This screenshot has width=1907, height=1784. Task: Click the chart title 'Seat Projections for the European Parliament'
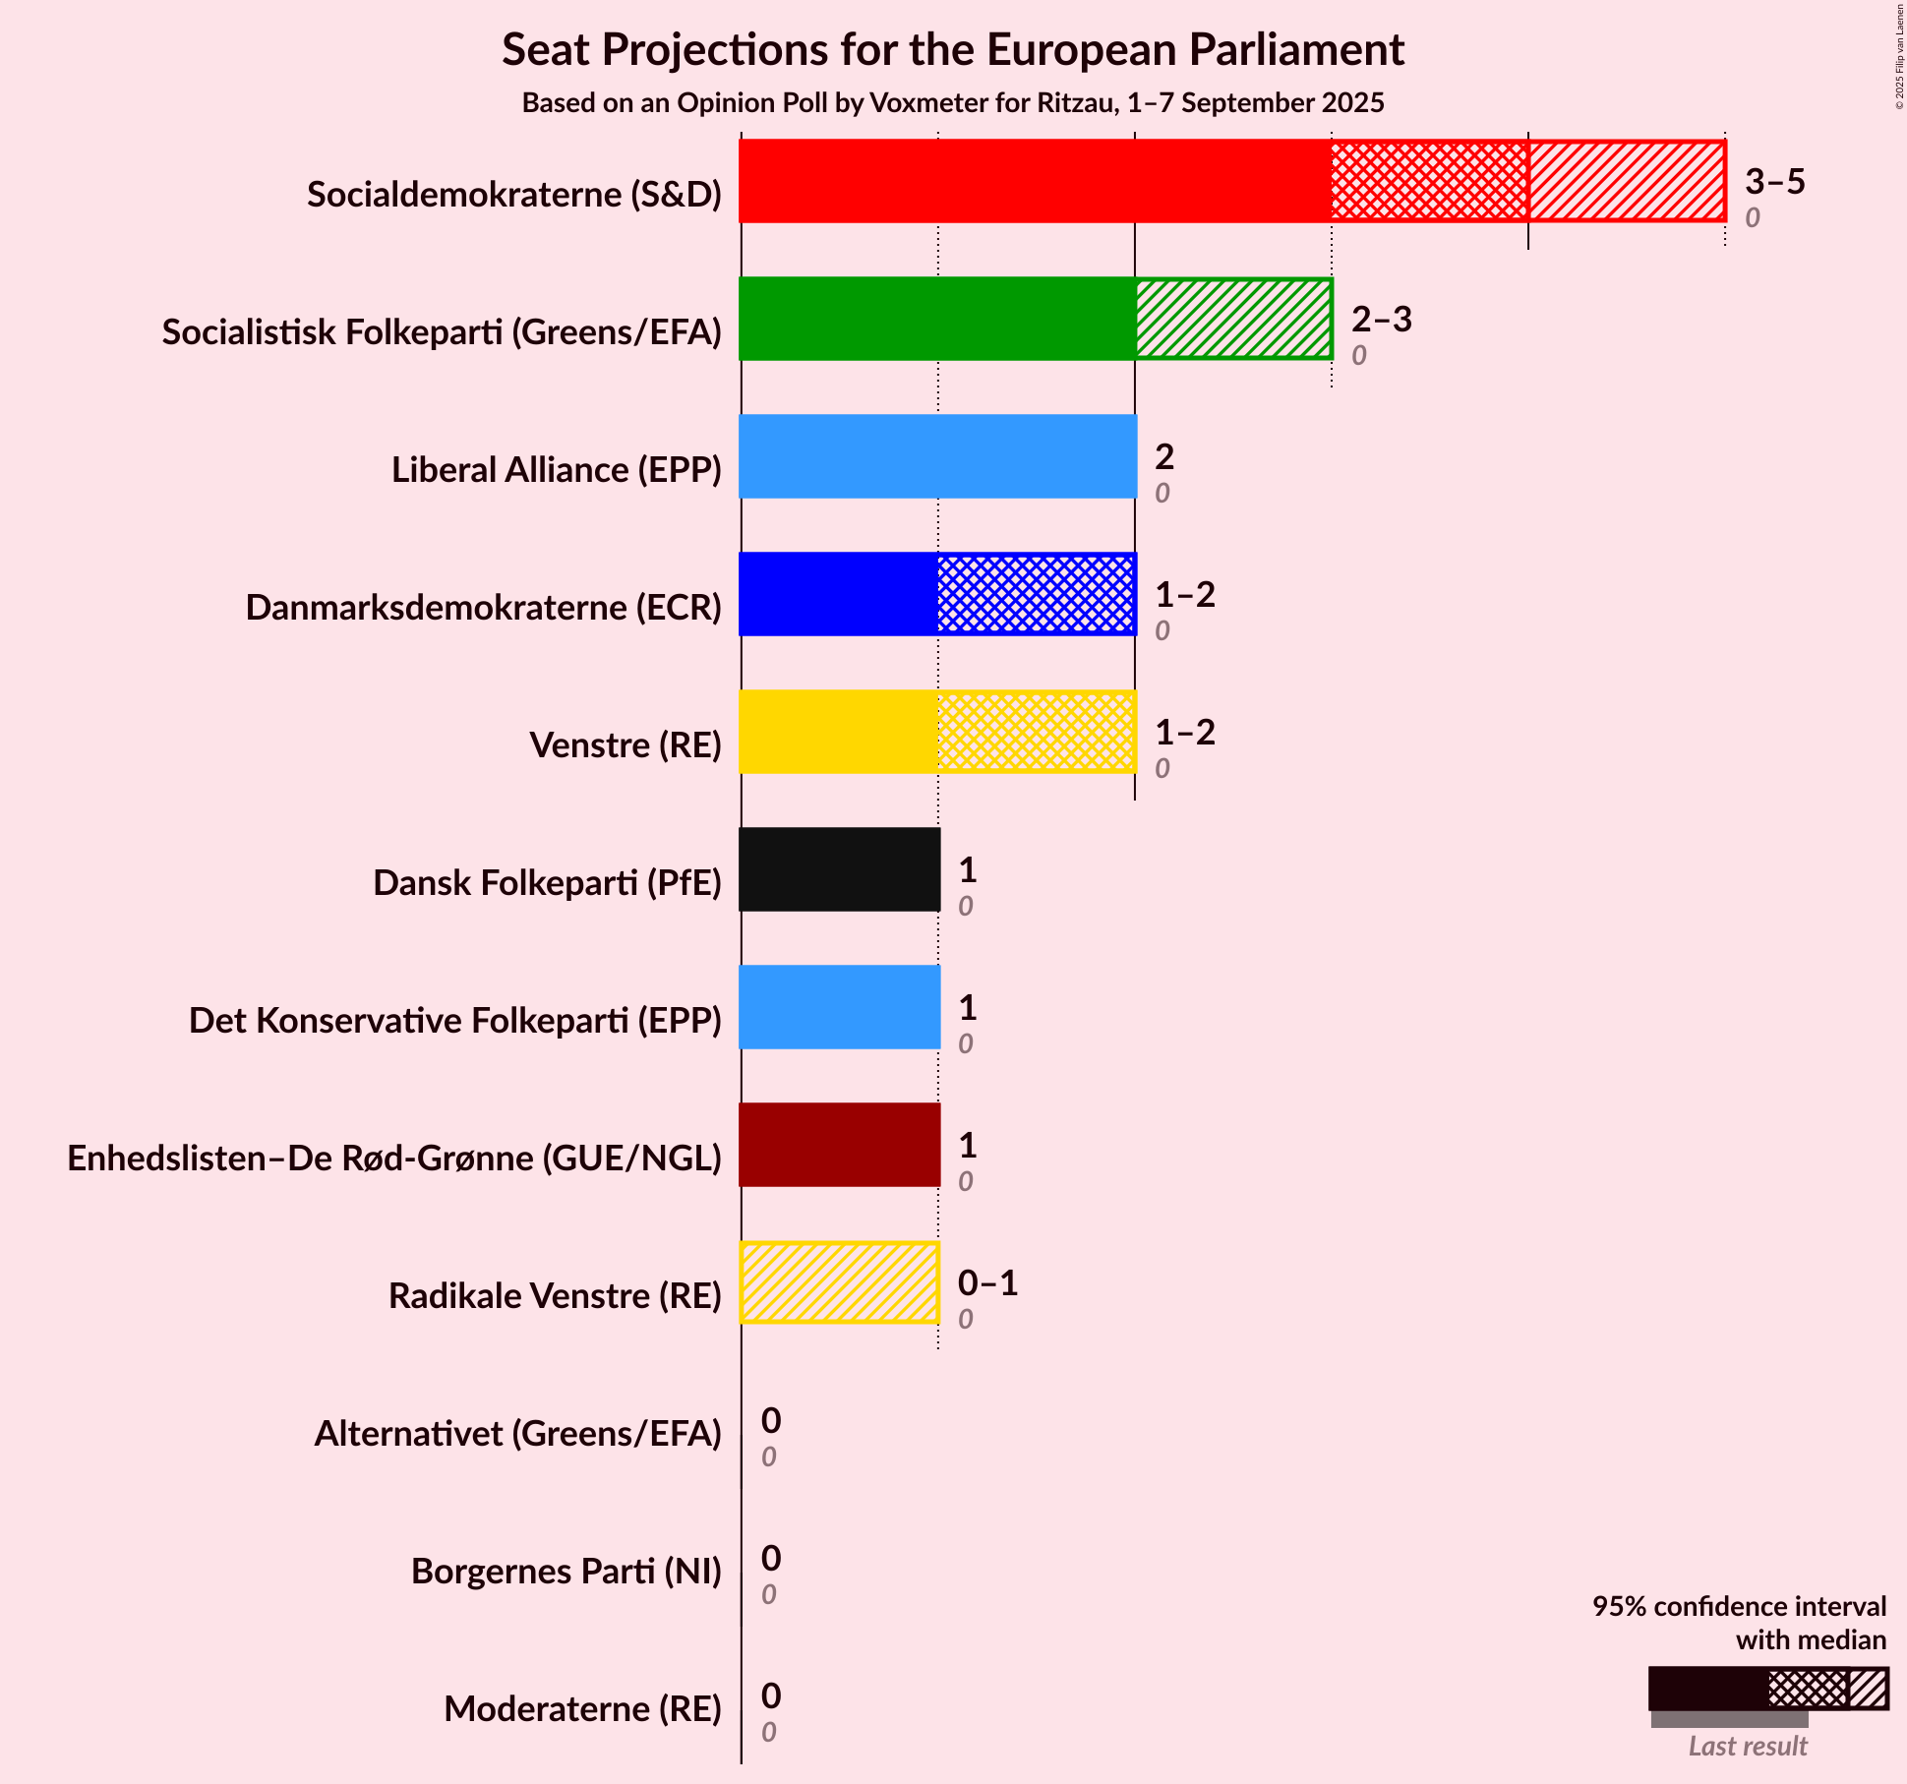[x=952, y=49]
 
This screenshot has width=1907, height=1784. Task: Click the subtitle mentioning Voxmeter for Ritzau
[x=952, y=103]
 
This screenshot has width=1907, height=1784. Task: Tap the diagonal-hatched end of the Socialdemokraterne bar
[x=1626, y=181]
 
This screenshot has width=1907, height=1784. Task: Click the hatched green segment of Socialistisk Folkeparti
[x=1233, y=319]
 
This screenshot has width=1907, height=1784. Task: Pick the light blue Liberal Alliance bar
[x=937, y=456]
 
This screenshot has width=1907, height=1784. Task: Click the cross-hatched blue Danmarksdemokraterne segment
[x=1036, y=594]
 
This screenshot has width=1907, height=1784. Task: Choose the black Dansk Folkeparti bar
[x=839, y=869]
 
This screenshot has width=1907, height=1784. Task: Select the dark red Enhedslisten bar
[x=839, y=1145]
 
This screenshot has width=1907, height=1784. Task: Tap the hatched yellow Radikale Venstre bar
[x=839, y=1282]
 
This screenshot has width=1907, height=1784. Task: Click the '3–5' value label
[x=1774, y=182]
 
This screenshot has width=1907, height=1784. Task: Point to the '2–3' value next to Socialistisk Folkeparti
[x=1381, y=320]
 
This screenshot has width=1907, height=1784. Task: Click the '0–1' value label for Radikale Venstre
[x=987, y=1283]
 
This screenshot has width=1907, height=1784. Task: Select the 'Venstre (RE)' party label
[x=626, y=745]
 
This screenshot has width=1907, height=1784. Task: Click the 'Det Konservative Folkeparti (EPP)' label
[x=455, y=1021]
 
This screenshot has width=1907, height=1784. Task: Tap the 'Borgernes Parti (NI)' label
[x=566, y=1572]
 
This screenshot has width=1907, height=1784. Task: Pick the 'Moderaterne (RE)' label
[x=582, y=1709]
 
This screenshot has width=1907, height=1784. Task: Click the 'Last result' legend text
[x=1748, y=1746]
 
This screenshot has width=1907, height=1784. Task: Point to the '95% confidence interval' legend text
[x=1739, y=1606]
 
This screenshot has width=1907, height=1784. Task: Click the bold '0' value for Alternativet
[x=771, y=1420]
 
